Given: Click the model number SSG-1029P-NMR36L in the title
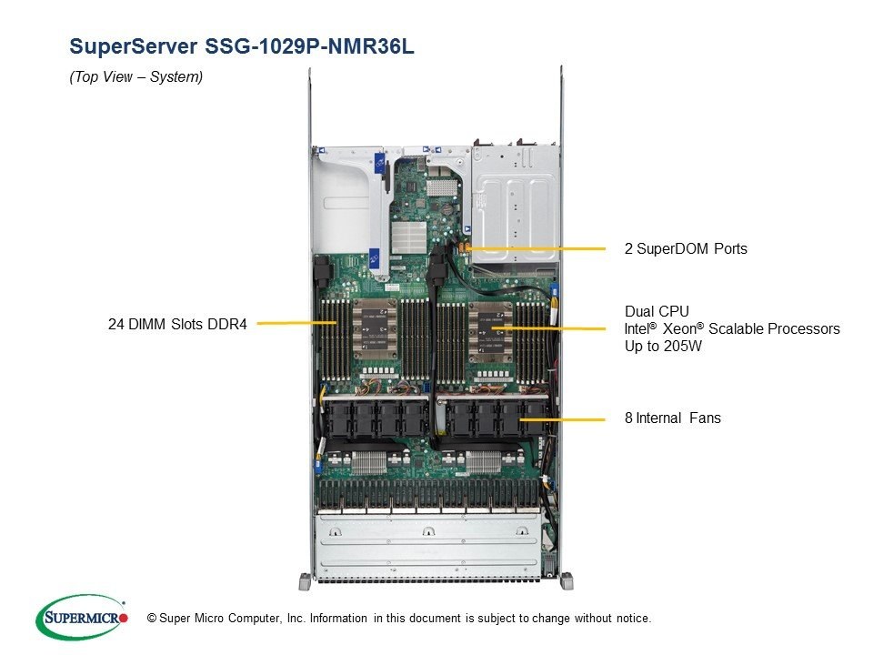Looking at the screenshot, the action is pos(309,45).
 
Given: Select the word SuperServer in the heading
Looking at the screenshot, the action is pos(134,46).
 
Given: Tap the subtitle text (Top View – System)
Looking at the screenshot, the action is pos(135,76).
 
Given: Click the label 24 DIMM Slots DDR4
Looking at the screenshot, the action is pos(177,324).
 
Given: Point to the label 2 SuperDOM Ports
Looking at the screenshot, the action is pos(686,248).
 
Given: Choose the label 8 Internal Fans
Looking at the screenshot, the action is pos(673,418).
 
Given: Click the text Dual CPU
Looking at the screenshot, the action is pos(657,311).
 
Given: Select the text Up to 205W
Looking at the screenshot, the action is pos(663,346).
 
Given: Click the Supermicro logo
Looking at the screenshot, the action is pos(82,618).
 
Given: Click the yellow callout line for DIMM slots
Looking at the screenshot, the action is pos(296,323).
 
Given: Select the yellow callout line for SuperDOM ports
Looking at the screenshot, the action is pos(536,248).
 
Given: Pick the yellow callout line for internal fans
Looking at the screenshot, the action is pos(562,419).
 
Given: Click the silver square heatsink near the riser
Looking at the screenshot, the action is pos(408,237).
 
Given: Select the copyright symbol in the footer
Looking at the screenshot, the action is pos(152,619).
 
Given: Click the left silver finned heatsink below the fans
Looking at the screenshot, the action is pos(368,463).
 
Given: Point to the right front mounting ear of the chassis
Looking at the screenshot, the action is pos(567,581).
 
